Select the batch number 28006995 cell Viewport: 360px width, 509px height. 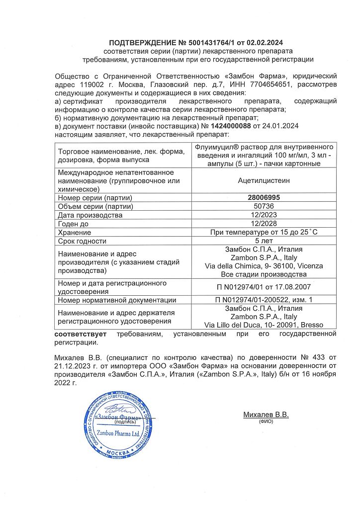click(264, 197)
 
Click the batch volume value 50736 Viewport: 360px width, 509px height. click(264, 206)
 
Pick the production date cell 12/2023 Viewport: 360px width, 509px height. click(264, 215)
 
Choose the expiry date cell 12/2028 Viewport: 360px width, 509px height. click(264, 224)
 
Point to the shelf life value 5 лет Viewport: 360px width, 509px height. click(264, 241)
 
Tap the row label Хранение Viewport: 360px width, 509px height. click(75, 232)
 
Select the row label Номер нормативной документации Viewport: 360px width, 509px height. click(117, 300)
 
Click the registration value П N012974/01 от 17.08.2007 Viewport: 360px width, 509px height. click(264, 287)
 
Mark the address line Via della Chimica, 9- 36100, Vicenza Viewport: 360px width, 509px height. click(264, 266)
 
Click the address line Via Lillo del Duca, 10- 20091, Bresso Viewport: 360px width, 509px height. click(264, 325)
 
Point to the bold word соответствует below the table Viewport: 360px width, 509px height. click(83, 334)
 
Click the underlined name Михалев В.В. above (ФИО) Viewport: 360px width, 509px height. click(266, 415)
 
